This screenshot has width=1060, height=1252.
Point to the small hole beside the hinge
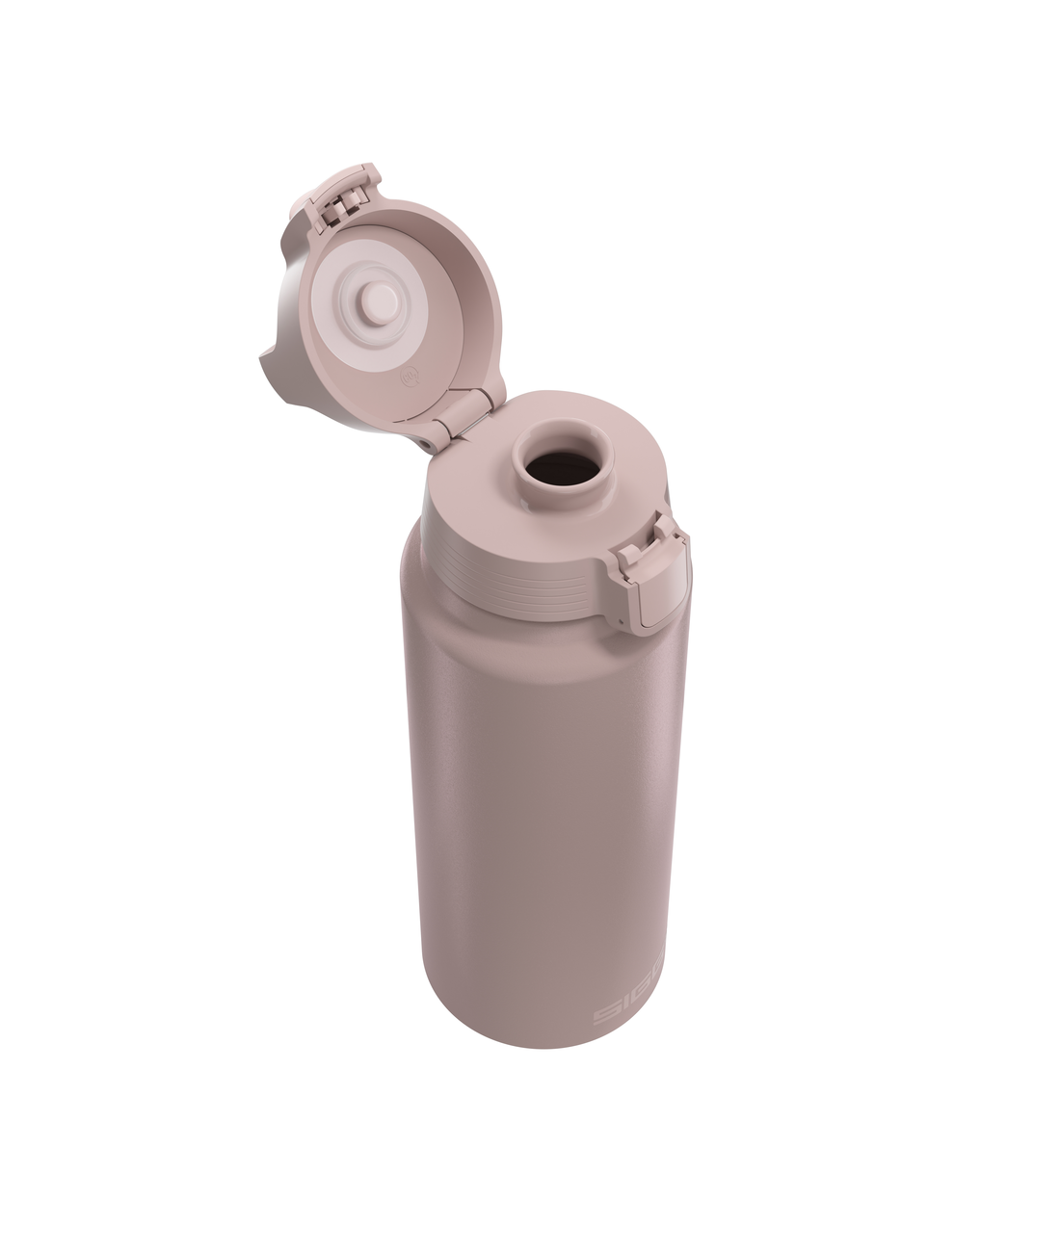click(x=425, y=440)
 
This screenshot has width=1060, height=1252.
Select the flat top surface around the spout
click(x=482, y=482)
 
